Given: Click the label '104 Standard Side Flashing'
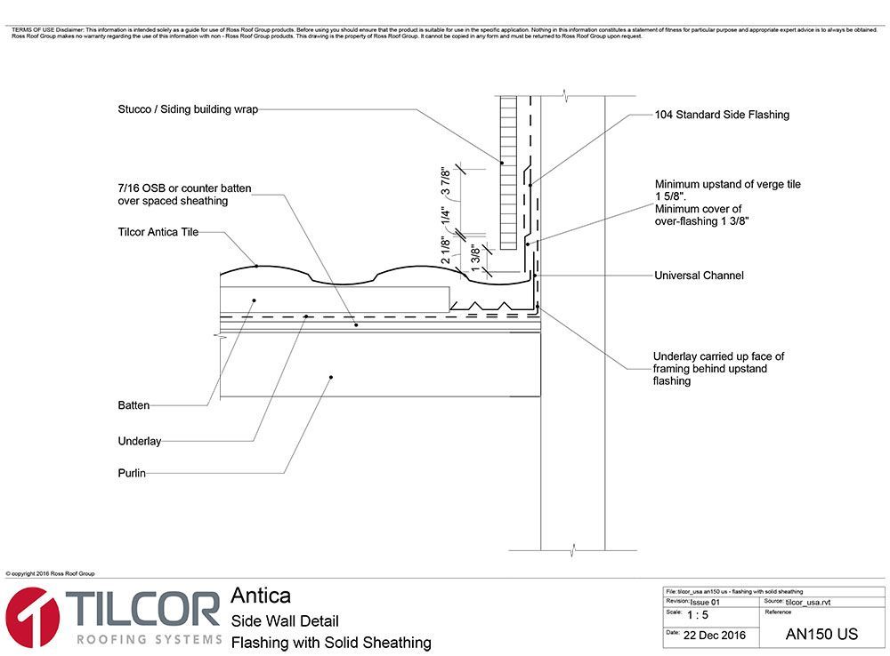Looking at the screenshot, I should [722, 115].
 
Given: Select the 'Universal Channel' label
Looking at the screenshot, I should [699, 276].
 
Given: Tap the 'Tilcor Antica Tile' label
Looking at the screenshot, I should [158, 232].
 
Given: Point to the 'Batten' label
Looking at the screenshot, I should [133, 405].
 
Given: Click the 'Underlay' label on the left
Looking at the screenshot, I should [139, 441].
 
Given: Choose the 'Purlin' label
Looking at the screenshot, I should [132, 474].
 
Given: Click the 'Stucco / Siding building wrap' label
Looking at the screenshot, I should [188, 110].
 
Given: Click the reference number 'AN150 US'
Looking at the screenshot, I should [821, 635].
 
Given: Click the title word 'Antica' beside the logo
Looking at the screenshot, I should [260, 596].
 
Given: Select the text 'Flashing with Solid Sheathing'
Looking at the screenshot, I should [331, 642].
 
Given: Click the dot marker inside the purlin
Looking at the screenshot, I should [331, 377].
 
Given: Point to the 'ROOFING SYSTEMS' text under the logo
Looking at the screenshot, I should [150, 639].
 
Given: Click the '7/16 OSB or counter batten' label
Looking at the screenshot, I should [185, 188].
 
